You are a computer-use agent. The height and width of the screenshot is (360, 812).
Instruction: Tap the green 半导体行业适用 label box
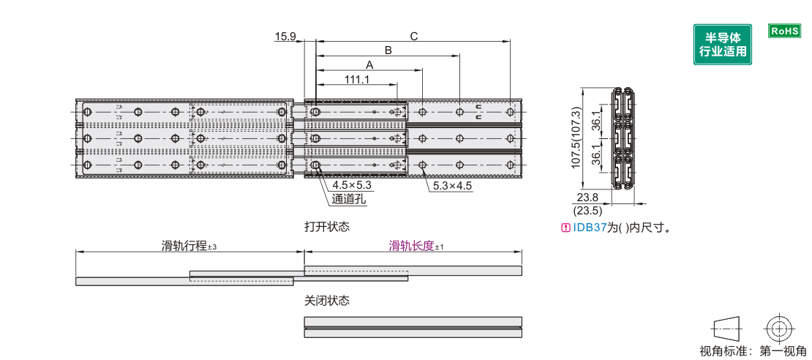click(723, 44)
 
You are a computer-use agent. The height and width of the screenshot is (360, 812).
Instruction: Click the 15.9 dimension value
click(285, 36)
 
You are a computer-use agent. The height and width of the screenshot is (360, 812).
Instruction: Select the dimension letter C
click(413, 36)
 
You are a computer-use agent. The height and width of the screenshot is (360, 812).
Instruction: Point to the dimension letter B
click(388, 50)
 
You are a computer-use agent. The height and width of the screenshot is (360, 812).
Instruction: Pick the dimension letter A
click(369, 64)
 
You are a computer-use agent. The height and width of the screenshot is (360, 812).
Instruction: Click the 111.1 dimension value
click(357, 79)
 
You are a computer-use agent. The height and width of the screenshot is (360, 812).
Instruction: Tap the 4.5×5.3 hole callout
click(352, 185)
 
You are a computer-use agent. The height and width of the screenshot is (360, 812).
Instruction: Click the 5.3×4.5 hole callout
click(452, 186)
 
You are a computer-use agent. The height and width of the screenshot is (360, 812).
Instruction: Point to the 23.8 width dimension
click(588, 197)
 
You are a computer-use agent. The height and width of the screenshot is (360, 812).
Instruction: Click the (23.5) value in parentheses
click(588, 210)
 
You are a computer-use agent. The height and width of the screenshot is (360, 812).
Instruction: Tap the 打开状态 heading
click(327, 227)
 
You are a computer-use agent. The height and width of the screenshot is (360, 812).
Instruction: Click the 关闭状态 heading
click(327, 301)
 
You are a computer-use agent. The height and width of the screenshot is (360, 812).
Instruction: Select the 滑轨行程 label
click(184, 247)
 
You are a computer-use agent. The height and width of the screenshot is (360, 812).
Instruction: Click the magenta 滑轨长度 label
click(411, 247)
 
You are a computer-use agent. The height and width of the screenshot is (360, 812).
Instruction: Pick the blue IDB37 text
click(590, 228)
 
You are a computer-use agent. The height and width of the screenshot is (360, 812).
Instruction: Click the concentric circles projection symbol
click(778, 327)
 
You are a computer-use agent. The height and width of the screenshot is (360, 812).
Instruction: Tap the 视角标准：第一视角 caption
click(753, 351)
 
